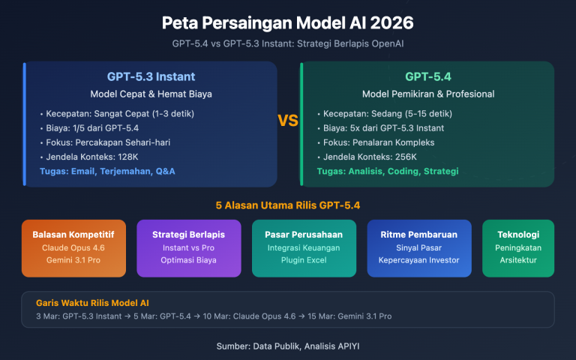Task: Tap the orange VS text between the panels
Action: (288, 121)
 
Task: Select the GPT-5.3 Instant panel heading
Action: (151, 76)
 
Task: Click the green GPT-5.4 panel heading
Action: (427, 76)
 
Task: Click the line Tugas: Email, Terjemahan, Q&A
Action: (109, 172)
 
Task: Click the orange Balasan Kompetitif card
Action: (73, 247)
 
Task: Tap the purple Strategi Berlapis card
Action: (189, 247)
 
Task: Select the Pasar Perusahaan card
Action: (304, 247)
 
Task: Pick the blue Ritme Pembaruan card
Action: (418, 247)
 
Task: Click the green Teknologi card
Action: (517, 247)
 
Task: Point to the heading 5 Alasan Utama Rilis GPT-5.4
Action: (287, 204)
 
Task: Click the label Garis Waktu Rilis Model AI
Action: (93, 302)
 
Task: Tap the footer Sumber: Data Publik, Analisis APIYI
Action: (287, 346)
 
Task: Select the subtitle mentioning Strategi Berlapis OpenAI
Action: (287, 43)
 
